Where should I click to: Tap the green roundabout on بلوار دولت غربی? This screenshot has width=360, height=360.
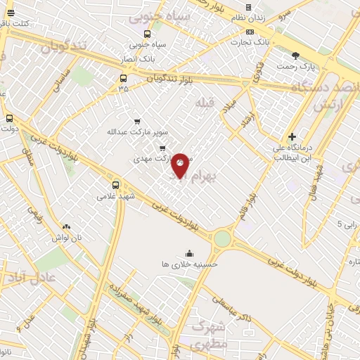click(222, 239)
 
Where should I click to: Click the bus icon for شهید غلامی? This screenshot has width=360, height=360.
click(115, 186)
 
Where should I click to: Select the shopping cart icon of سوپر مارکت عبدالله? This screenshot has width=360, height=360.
click(136, 121)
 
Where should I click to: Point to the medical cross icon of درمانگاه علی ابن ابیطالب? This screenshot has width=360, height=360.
click(292, 136)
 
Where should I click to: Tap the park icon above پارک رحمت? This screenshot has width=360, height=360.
click(296, 55)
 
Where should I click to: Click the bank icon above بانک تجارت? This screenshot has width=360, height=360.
click(250, 32)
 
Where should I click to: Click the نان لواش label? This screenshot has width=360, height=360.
click(67, 237)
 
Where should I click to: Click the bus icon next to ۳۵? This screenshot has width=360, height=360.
click(124, 78)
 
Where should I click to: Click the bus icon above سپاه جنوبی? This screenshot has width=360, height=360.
click(147, 34)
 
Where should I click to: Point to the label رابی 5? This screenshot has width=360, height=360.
click(348, 224)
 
